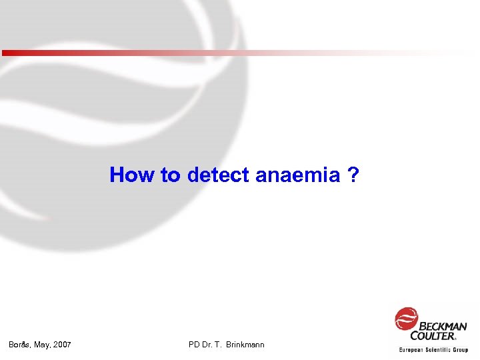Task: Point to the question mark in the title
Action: coord(353,175)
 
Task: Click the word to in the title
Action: coord(171,175)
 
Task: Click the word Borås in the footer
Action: coord(19,345)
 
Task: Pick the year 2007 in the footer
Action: coord(63,345)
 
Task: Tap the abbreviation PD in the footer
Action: coord(195,345)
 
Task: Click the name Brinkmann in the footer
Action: coord(246,345)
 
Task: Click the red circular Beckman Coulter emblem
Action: coord(406,319)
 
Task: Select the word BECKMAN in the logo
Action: coord(443,326)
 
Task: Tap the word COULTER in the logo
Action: coord(433,336)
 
